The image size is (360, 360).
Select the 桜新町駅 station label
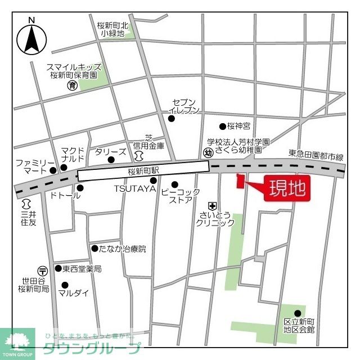[x=143, y=170]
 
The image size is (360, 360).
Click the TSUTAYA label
[x=135, y=189]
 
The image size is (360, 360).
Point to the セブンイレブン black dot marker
[x=172, y=118]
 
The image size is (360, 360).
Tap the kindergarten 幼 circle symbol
[x=208, y=152]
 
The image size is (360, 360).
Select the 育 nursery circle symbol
[x=72, y=85]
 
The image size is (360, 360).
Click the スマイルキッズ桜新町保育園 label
[x=73, y=70]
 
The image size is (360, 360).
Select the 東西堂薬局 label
[x=82, y=269]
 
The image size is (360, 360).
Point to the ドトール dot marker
[x=79, y=187]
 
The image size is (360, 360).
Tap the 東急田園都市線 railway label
[x=316, y=154]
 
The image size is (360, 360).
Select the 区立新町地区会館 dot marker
[x=298, y=313]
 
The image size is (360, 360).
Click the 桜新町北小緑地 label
[x=112, y=29]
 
